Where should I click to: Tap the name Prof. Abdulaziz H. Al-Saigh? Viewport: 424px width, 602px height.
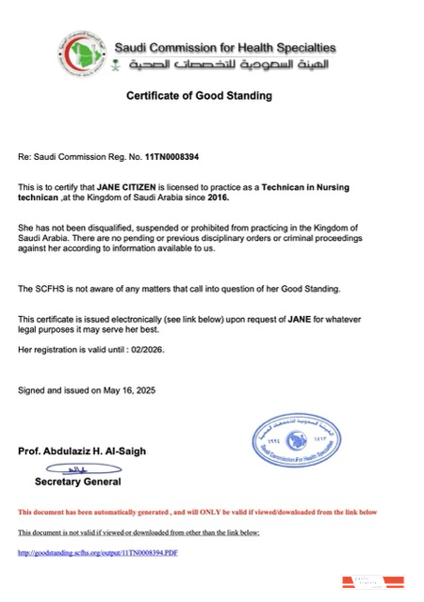(82, 451)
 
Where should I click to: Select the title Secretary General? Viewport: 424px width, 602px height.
(78, 482)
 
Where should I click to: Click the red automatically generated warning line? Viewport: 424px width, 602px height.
(197, 512)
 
